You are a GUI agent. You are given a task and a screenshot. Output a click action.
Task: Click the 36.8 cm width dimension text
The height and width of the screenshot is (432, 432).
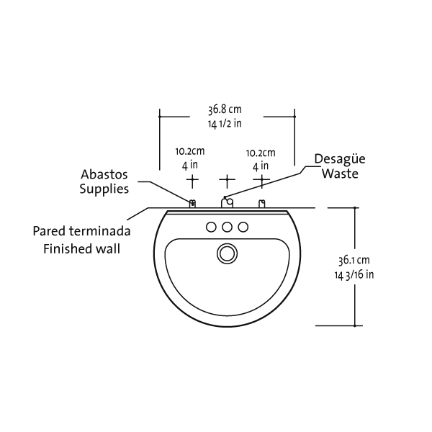point(225,110)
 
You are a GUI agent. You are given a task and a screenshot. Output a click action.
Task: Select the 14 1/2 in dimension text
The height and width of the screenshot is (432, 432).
point(225,123)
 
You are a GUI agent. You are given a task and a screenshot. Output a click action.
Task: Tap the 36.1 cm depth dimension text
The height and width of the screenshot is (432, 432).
point(354,260)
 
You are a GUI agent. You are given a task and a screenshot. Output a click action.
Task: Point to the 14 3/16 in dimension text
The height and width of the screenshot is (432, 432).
point(354,274)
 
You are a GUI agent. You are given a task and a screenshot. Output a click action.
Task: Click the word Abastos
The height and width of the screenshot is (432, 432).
point(105,175)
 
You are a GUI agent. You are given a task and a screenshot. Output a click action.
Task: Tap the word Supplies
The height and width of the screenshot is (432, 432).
point(104,189)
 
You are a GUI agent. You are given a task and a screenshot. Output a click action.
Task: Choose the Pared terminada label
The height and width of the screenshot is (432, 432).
point(81,232)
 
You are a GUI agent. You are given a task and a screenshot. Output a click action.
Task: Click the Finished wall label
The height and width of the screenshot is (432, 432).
point(81,249)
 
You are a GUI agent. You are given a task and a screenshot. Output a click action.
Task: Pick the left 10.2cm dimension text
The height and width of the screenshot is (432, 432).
point(190,152)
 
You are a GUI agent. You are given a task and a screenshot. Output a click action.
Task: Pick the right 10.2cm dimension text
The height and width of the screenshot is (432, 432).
point(261,152)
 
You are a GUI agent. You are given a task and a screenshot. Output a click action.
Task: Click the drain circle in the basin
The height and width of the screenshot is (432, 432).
point(228,253)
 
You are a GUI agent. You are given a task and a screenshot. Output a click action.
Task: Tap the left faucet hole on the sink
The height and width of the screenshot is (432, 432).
point(212,228)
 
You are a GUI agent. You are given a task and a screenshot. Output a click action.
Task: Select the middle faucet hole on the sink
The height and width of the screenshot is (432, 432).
point(228,228)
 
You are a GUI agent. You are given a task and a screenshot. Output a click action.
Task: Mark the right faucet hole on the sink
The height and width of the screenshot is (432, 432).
point(243,228)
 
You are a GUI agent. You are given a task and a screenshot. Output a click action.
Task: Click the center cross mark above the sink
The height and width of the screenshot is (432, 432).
point(227,178)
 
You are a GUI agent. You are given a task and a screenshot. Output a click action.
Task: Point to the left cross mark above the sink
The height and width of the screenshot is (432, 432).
point(192,178)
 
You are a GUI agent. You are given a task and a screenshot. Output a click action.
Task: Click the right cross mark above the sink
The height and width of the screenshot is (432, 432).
point(261,178)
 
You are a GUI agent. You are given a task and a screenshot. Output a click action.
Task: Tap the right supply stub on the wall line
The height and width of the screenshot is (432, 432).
point(261,204)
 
